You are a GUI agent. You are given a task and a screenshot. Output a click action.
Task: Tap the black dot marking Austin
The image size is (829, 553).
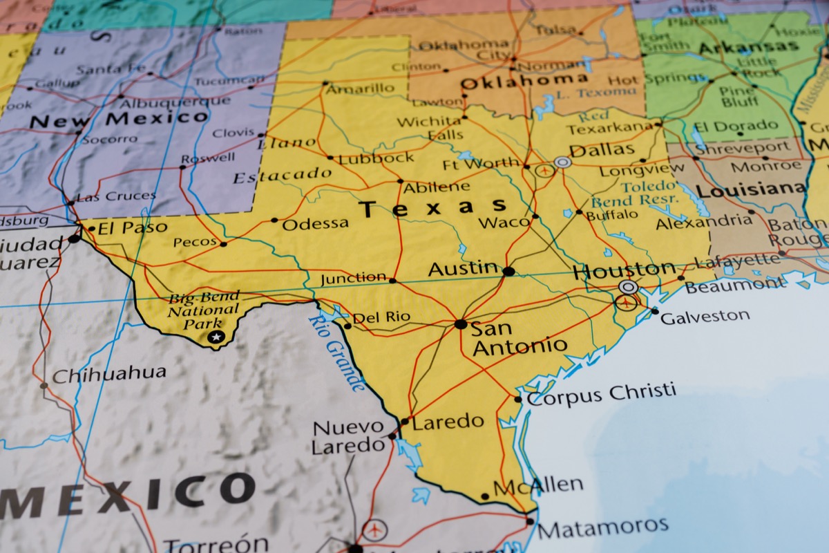click(508, 271)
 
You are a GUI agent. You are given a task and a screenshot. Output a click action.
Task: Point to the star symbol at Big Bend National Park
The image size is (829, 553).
click(216, 337)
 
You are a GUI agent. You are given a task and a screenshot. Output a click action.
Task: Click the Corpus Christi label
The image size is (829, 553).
click(601, 394)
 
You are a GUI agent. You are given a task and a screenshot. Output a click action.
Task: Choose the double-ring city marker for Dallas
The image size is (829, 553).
click(563, 162)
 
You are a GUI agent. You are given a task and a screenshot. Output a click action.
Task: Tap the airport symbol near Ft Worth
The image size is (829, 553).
click(545, 169)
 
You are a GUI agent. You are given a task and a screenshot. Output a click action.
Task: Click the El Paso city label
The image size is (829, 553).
click(132, 227)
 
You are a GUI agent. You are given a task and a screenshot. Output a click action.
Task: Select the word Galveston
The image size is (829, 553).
click(705, 317)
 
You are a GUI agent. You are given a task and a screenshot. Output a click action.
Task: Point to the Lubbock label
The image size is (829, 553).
click(376, 157)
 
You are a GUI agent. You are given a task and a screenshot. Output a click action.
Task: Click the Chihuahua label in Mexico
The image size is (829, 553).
click(109, 374)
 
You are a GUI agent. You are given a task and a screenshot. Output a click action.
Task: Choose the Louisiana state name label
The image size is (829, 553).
click(750, 189)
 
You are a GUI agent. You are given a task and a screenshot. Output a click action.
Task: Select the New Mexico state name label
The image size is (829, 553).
click(119, 119)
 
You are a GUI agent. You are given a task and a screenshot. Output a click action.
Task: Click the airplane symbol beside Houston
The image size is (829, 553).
click(626, 302)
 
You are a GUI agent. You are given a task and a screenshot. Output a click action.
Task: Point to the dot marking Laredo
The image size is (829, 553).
click(405, 420)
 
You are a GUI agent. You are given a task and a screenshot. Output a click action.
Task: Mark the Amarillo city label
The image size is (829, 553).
click(360, 88)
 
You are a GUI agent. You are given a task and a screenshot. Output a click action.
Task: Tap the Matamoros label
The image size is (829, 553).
click(602, 527)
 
